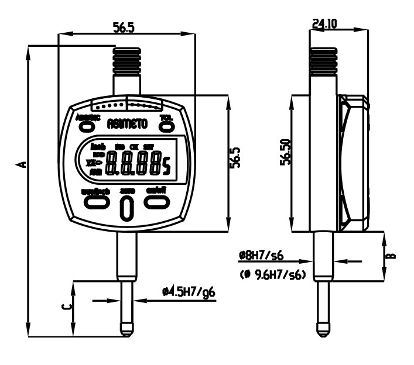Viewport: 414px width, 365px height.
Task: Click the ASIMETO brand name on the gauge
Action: click(127, 123)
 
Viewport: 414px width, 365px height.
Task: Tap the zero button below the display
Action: click(126, 209)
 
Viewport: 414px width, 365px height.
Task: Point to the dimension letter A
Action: click(22, 164)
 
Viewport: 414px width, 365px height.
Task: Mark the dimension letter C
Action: click(68, 307)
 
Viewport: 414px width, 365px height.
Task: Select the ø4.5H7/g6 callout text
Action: click(190, 291)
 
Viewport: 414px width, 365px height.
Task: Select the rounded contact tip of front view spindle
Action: click(126, 330)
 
